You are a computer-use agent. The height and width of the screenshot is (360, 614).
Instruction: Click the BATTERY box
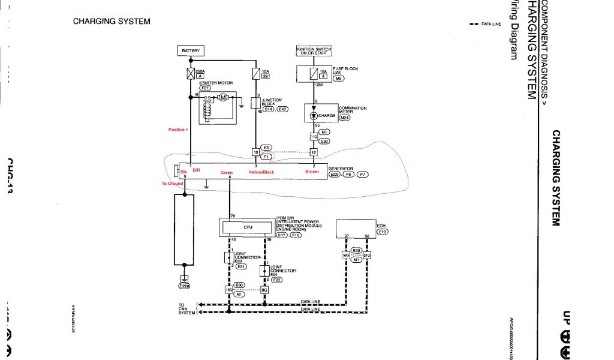pyautogui.click(x=191, y=50)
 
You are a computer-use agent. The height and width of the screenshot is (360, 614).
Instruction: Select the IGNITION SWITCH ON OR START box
pyautogui.click(x=314, y=50)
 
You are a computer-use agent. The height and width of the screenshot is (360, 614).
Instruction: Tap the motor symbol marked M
pyautogui.click(x=222, y=97)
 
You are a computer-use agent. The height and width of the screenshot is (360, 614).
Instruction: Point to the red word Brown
pyautogui.click(x=312, y=172)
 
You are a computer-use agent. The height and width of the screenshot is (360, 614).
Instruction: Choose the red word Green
pyautogui.click(x=226, y=173)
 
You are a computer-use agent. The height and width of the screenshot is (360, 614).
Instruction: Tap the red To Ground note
pyautogui.click(x=171, y=184)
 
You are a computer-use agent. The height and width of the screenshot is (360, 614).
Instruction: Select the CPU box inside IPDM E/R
pyautogui.click(x=248, y=227)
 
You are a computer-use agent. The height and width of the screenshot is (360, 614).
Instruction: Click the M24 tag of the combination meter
pyautogui.click(x=344, y=118)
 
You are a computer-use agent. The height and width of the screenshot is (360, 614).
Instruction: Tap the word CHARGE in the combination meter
pyautogui.click(x=327, y=115)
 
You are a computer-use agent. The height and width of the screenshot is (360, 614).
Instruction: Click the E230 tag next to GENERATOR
pyautogui.click(x=335, y=175)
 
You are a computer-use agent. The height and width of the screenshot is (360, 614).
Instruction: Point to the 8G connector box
pyautogui.click(x=264, y=289)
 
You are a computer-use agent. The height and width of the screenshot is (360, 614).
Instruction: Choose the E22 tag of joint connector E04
pyautogui.click(x=277, y=280)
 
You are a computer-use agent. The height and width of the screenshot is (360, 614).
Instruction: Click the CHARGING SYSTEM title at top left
pyautogui.click(x=112, y=22)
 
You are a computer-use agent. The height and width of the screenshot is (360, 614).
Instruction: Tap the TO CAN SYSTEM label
pyautogui.click(x=187, y=308)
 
